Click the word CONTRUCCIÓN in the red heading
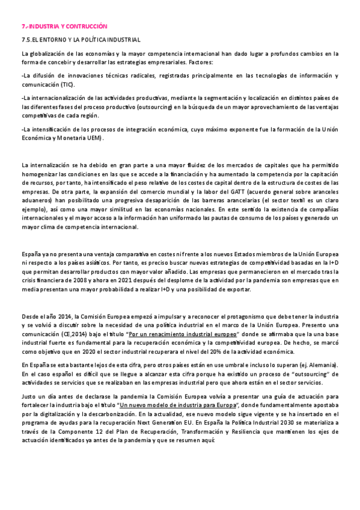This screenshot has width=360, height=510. click(x=87, y=27)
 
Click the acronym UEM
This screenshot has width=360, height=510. click(x=92, y=138)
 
